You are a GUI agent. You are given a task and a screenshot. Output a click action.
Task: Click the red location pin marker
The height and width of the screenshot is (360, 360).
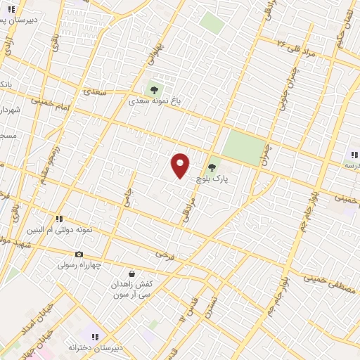181,166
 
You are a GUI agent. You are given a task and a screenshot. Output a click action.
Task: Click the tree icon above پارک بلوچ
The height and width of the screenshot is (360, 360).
212,167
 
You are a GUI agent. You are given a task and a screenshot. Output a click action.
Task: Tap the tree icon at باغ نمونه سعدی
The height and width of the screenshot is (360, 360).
153,89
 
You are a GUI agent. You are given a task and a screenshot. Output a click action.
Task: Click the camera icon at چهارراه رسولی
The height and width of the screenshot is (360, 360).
79,254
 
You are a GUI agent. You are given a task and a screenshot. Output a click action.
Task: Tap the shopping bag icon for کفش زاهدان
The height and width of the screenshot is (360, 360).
131,273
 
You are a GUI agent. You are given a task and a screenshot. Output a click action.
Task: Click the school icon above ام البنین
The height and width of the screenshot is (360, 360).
60,219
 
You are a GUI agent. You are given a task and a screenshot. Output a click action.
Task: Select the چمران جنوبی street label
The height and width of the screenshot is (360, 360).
290,91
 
